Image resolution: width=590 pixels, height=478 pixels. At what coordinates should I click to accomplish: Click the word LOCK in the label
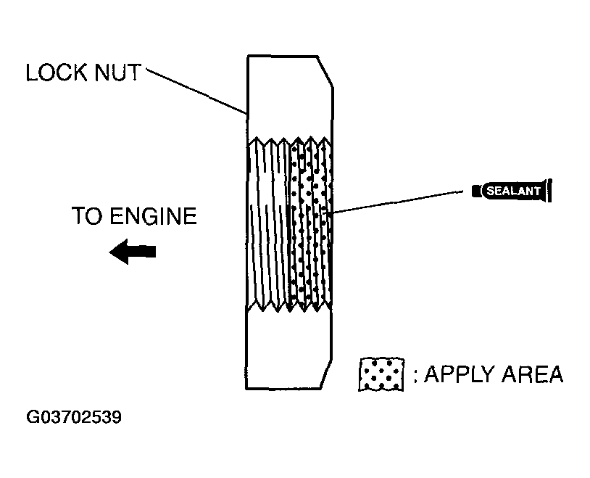tap(57, 73)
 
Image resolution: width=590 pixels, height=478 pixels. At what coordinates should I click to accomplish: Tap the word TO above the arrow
tap(87, 216)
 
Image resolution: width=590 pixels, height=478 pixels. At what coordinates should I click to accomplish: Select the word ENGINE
tap(154, 216)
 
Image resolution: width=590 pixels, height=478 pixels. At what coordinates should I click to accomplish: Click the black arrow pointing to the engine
tap(133, 252)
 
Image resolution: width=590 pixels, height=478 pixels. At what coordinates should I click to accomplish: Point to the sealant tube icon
tap(512, 191)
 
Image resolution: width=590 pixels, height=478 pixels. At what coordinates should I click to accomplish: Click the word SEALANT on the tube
tap(513, 191)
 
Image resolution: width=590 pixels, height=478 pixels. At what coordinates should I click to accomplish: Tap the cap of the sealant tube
tap(476, 191)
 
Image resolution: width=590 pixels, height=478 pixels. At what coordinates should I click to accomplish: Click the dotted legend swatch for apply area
tap(381, 374)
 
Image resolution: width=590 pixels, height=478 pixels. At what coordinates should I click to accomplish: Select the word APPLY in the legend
tap(459, 374)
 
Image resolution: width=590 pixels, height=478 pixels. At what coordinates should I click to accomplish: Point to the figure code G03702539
tap(74, 417)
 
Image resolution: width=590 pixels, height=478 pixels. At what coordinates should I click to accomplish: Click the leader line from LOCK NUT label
tap(196, 91)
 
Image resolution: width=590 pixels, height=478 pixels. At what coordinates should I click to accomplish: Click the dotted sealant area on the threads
tap(310, 224)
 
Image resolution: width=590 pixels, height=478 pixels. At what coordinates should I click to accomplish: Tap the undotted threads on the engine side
tap(268, 224)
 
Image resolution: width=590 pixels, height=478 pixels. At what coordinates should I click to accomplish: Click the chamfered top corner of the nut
tap(326, 72)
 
